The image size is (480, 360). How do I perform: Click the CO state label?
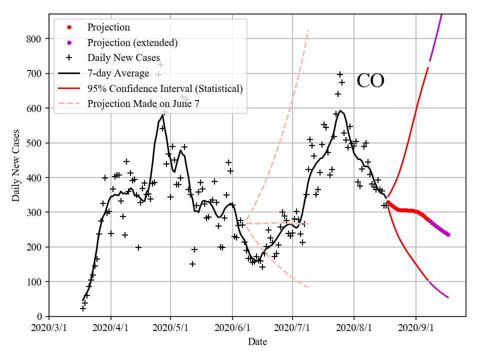click(370, 81)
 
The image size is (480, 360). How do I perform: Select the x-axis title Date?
click(257, 342)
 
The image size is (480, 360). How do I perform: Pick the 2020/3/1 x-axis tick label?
click(49, 328)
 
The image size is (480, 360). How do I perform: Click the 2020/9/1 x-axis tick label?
click(416, 328)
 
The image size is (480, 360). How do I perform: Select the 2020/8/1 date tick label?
click(354, 328)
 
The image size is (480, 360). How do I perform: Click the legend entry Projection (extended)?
click(132, 42)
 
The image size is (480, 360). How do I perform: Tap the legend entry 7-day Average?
click(118, 73)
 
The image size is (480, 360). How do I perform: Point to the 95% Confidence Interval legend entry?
click(165, 88)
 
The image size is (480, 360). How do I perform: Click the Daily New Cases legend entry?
click(123, 58)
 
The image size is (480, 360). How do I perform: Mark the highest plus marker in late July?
click(340, 74)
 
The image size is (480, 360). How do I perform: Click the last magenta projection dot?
click(448, 234)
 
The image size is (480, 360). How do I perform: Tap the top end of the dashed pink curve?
click(308, 31)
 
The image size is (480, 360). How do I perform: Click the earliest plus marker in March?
click(83, 308)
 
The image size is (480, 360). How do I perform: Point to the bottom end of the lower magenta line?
click(448, 297)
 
